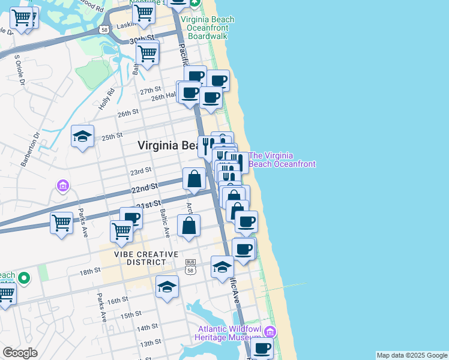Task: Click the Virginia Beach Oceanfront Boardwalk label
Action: click(208, 28)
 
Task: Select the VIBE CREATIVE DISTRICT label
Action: click(147, 258)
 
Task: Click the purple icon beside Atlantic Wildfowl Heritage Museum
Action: click(270, 332)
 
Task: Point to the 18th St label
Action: click(90, 272)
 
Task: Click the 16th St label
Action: click(118, 299)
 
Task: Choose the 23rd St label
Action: click(140, 172)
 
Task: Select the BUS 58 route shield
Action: click(191, 266)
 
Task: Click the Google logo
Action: click(20, 353)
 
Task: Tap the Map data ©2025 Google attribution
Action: click(412, 355)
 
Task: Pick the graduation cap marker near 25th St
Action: click(82, 136)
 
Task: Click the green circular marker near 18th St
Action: click(23, 278)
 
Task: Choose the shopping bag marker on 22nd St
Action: click(194, 179)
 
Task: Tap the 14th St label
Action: click(146, 328)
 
